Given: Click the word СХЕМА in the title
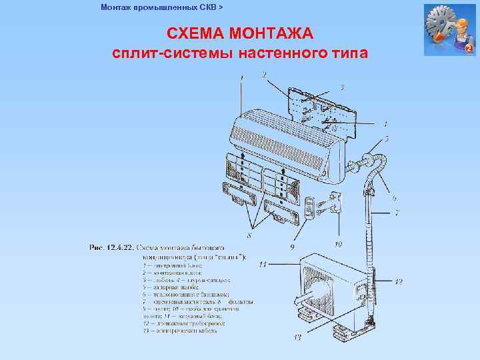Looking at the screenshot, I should [194, 33].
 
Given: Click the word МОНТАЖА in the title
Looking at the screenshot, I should [271, 33].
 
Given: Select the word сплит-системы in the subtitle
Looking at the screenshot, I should [165, 53].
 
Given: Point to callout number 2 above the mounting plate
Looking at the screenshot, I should [265, 74].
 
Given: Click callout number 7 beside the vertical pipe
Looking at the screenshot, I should [396, 213].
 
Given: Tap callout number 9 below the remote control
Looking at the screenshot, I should [292, 246].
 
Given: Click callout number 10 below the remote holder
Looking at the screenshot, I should [338, 245].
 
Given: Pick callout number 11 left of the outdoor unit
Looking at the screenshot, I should [263, 265].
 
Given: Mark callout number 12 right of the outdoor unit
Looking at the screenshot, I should [398, 282].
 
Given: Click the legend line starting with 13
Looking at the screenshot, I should [183, 331].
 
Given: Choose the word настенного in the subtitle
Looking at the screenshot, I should [294, 53].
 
